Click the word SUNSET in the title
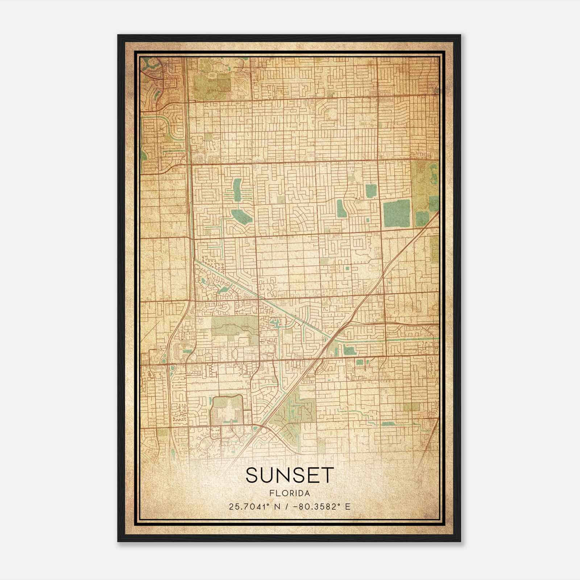coord(289,475)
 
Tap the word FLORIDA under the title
coord(289,493)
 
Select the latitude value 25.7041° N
coord(252,506)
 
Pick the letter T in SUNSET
coord(326,475)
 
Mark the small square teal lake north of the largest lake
coord(370,191)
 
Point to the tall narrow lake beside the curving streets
coord(341,208)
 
